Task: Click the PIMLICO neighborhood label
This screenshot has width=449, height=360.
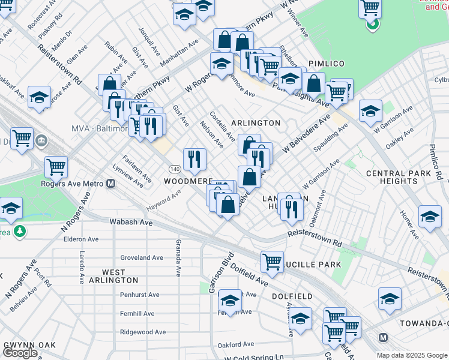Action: [327, 63]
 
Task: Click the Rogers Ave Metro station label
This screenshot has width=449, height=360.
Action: [73, 184]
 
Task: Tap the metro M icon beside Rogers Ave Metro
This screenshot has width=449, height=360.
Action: [111, 184]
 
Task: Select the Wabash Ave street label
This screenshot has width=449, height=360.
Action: [131, 222]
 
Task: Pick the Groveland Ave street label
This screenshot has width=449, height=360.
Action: [142, 257]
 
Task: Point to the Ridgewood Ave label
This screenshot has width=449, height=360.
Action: [142, 332]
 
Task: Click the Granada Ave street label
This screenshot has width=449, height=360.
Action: [178, 257]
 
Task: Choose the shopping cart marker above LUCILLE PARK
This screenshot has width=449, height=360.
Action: [272, 262]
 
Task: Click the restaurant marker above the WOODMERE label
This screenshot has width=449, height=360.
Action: [194, 159]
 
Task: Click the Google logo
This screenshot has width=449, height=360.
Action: [20, 353]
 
